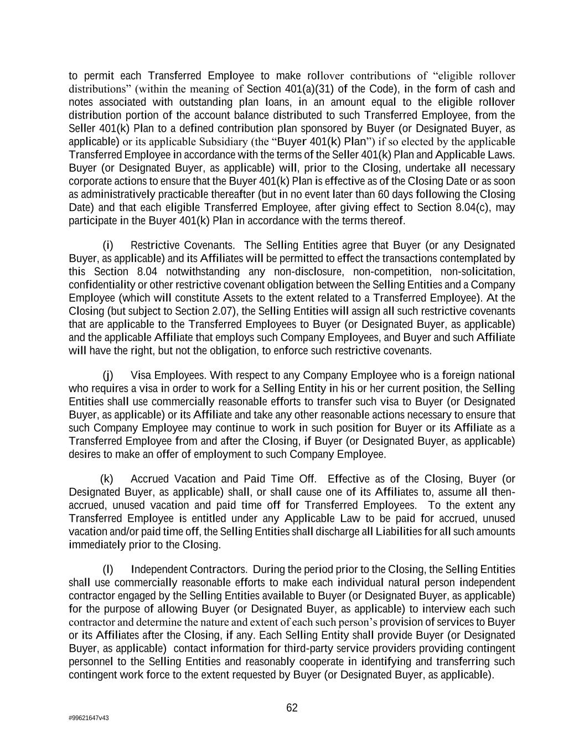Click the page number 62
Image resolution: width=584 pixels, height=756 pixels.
[x=292, y=708]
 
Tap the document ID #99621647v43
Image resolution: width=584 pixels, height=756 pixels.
[x=89, y=718]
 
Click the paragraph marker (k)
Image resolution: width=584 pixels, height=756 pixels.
[x=107, y=479]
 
